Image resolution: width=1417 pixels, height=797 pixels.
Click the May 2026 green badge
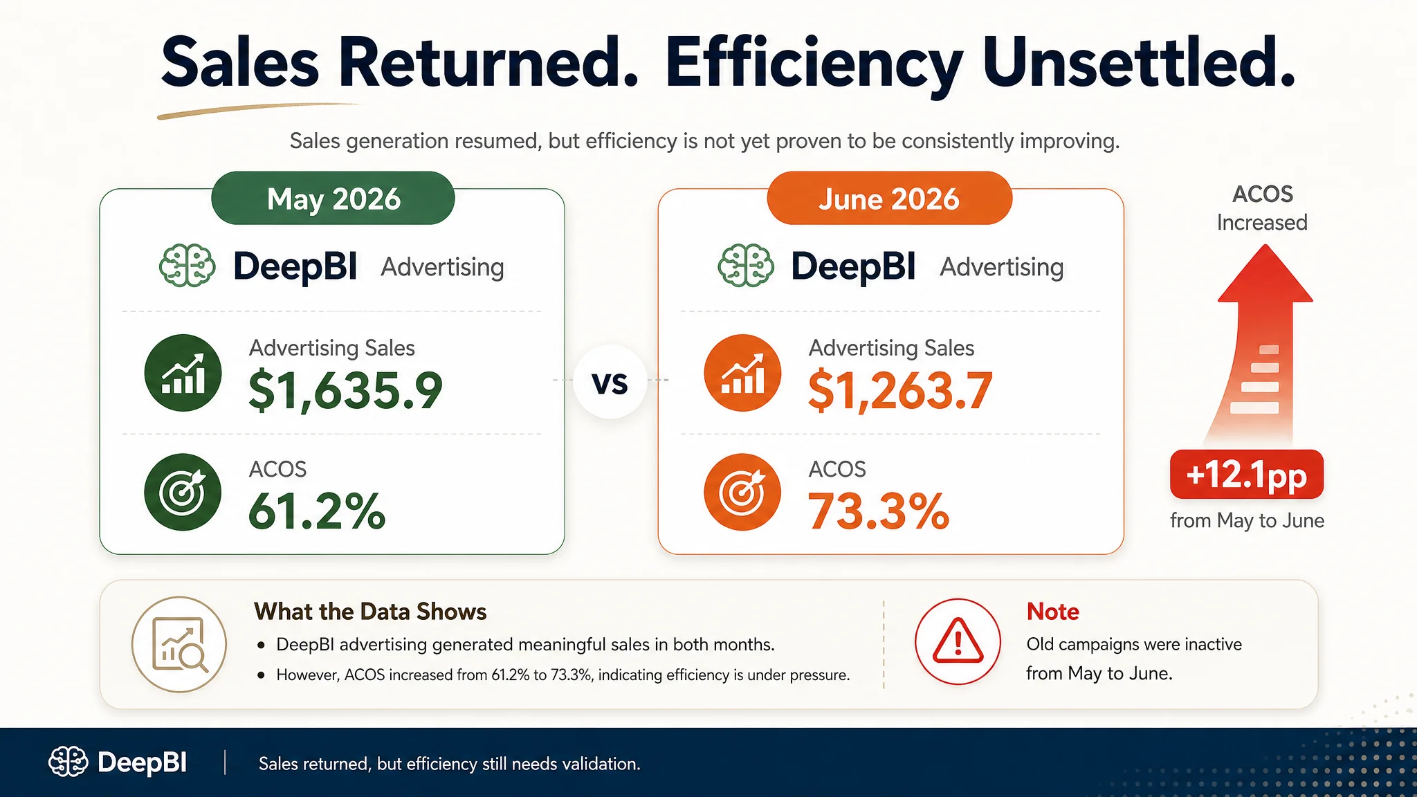(333, 198)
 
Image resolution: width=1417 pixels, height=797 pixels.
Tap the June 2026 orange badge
(889, 198)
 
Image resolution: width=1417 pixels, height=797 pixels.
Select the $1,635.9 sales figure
(345, 390)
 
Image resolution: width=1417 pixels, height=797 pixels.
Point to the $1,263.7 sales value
(900, 390)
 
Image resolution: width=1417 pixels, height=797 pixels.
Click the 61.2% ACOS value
(317, 511)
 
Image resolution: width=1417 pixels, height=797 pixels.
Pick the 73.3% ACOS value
(879, 511)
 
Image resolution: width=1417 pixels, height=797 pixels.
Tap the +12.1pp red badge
(1247, 475)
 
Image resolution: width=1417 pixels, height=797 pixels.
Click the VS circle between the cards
(610, 381)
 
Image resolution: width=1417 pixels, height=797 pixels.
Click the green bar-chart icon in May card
(183, 373)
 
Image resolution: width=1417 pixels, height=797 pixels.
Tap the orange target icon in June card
(742, 492)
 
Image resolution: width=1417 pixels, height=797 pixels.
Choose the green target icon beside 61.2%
(183, 492)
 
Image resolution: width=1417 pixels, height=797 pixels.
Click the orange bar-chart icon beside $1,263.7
(742, 373)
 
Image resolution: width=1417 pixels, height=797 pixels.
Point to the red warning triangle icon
(958, 641)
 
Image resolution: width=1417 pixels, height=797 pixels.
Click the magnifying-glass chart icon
(179, 644)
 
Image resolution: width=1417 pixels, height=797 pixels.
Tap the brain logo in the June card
(746, 266)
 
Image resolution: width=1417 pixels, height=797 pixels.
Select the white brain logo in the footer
(68, 762)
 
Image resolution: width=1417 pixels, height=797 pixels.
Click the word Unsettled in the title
(1139, 62)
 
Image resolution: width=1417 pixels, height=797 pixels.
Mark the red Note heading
(1052, 612)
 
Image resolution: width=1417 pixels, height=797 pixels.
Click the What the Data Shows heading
(370, 612)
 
